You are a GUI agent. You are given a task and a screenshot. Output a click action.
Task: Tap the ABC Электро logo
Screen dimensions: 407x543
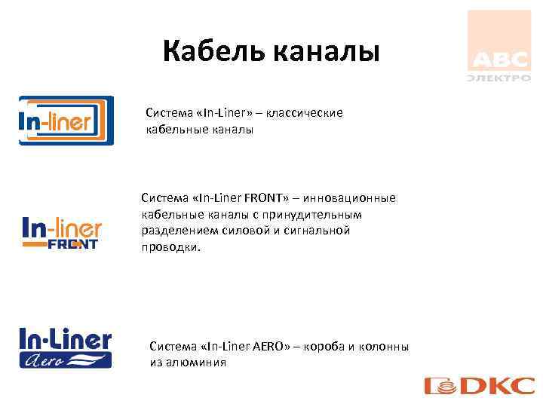click(499, 46)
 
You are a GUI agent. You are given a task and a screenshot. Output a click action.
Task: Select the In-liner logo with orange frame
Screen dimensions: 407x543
click(66, 121)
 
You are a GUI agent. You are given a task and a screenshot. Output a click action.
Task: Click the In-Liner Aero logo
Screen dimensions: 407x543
click(65, 348)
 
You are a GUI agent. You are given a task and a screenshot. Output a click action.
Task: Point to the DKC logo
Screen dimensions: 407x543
click(480, 387)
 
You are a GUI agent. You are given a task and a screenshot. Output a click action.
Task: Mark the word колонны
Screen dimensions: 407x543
click(385, 346)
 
